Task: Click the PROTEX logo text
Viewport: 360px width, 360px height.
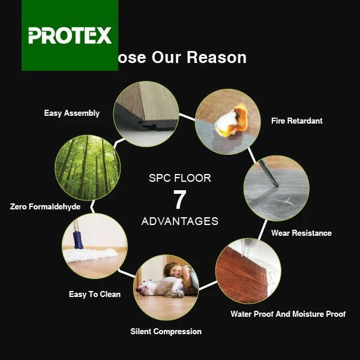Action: [x=70, y=35]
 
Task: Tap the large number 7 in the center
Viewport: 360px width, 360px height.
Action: [x=179, y=200]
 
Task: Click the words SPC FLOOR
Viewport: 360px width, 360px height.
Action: [x=180, y=178]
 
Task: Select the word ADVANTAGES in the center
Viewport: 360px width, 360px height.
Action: [x=180, y=221]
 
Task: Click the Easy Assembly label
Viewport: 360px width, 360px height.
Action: [x=72, y=113]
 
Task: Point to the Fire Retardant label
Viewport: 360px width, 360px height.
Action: [x=296, y=121]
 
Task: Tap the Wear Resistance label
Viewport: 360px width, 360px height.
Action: [x=301, y=233]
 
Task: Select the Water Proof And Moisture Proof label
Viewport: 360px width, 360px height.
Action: [x=288, y=314]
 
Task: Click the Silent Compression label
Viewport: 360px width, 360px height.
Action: [x=166, y=331]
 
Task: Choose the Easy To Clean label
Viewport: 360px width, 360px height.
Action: [x=95, y=294]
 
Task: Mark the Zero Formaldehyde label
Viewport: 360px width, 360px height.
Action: [x=45, y=206]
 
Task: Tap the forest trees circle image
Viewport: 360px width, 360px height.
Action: [x=88, y=167]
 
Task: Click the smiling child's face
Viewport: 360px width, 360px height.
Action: [x=175, y=271]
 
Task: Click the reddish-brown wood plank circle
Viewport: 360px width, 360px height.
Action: [x=247, y=271]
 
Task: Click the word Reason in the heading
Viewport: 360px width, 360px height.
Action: [x=216, y=57]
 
